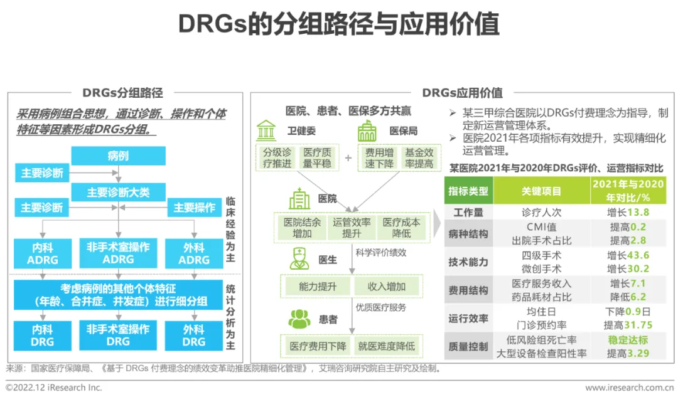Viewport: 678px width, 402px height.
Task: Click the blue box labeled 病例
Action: (x=118, y=156)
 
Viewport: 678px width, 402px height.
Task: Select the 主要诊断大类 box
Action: (x=118, y=192)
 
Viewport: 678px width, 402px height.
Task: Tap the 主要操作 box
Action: (x=194, y=208)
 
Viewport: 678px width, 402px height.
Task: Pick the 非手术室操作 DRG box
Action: (x=118, y=336)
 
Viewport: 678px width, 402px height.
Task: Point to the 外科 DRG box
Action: (x=193, y=336)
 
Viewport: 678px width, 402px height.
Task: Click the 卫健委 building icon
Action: (x=267, y=130)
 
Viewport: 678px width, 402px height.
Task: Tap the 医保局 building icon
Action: (x=367, y=130)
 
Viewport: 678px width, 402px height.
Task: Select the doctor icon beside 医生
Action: (x=299, y=258)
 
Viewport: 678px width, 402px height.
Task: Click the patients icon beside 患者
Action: (x=299, y=319)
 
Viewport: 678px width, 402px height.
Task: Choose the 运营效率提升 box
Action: (x=352, y=228)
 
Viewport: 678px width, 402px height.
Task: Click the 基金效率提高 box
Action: (x=419, y=158)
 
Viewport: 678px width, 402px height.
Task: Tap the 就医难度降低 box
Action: (x=386, y=346)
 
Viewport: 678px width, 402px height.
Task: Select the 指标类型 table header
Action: (x=468, y=191)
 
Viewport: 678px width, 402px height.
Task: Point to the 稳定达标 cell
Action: (x=628, y=341)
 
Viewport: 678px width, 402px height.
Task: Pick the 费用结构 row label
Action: (x=468, y=290)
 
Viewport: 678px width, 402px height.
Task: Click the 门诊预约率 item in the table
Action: (x=542, y=325)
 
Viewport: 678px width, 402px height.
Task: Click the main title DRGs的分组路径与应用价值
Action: (x=339, y=26)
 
